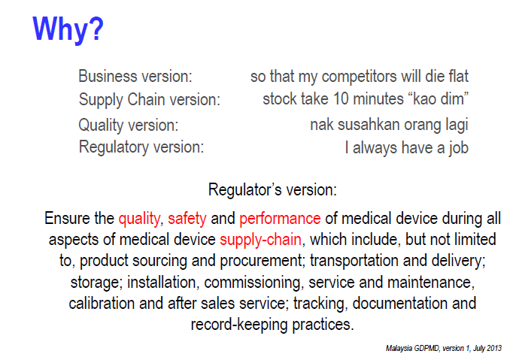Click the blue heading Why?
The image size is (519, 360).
tap(68, 30)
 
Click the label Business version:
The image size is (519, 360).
tap(135, 76)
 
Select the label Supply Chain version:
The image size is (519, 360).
tap(149, 99)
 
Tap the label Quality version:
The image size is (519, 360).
tap(129, 125)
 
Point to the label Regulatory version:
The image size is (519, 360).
tap(141, 147)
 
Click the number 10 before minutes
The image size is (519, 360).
tap(341, 99)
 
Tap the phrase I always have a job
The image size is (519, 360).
tap(406, 148)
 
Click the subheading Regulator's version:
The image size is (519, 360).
tap(272, 189)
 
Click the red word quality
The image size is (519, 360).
tap(139, 219)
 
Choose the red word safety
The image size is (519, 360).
tap(187, 219)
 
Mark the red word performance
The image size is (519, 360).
tap(280, 219)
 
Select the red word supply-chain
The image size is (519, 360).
tap(260, 240)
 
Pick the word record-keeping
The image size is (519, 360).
tap(239, 325)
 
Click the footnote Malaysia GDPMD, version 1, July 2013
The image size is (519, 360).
tap(444, 348)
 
